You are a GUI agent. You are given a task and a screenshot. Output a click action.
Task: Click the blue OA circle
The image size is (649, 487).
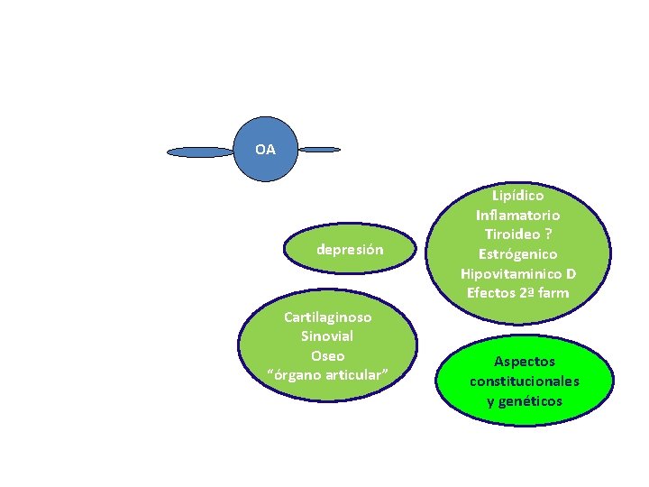[x=265, y=150]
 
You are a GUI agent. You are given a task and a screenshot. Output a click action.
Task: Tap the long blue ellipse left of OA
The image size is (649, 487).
[x=200, y=152]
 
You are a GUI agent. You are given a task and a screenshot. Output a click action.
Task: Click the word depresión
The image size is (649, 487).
[x=350, y=250]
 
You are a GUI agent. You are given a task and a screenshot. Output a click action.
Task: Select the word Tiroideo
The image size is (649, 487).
[x=511, y=234]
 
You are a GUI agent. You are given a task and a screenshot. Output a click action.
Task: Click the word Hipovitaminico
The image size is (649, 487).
[x=508, y=273]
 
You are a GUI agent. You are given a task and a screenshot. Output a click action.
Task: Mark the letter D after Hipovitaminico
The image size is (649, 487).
[x=571, y=273]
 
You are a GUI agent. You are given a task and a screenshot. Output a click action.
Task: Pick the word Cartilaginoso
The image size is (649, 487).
[x=327, y=317]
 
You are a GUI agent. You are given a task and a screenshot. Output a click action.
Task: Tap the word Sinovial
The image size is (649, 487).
[x=327, y=336]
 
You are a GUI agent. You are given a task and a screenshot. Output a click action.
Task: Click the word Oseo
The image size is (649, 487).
[x=327, y=355]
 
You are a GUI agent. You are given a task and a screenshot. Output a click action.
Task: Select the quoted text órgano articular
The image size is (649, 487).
[x=327, y=374]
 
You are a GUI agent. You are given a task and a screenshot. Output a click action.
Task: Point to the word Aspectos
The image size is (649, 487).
[x=524, y=362]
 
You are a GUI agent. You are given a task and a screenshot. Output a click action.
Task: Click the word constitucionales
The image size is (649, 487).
[x=524, y=381]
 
